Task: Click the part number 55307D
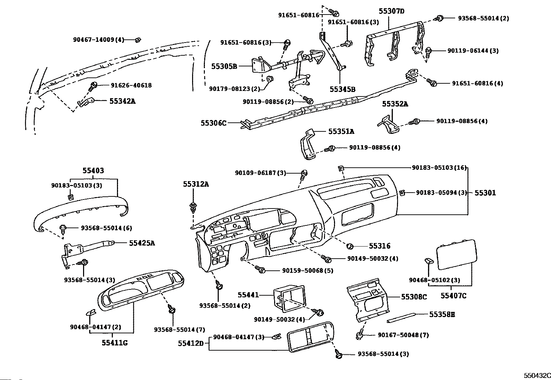click(x=391, y=11)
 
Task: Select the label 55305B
click(x=224, y=66)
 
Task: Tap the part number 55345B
click(x=342, y=89)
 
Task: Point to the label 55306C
click(x=214, y=123)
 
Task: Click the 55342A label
click(x=122, y=101)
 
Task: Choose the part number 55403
click(x=93, y=170)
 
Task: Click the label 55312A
click(x=196, y=184)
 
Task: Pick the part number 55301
click(x=485, y=193)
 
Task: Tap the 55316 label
click(x=380, y=246)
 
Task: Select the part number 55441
click(x=248, y=295)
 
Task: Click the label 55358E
click(x=442, y=314)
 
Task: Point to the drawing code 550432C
click(x=537, y=376)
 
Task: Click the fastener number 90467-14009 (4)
click(x=99, y=39)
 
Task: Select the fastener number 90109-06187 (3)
click(x=261, y=173)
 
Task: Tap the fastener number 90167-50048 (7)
click(x=404, y=335)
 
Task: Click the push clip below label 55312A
click(x=193, y=208)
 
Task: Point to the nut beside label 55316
click(x=350, y=246)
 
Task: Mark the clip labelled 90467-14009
click(x=138, y=40)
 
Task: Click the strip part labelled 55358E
click(x=401, y=317)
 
